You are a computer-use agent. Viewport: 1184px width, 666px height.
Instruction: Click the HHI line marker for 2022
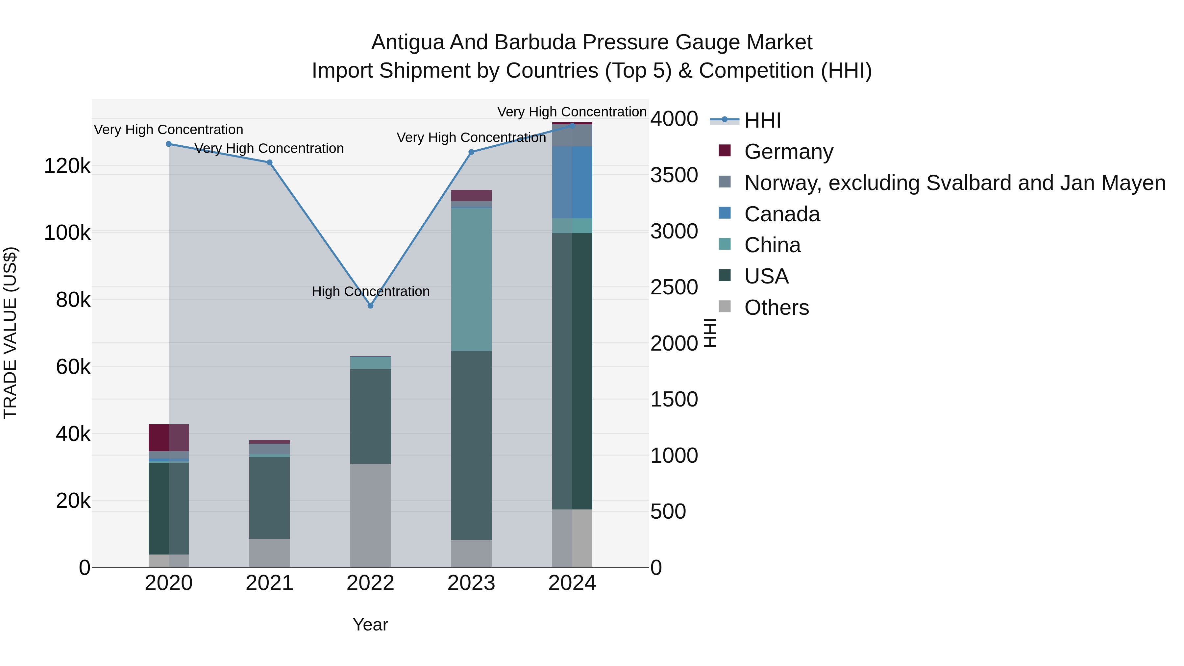click(370, 306)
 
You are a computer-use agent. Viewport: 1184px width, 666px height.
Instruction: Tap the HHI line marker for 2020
click(169, 144)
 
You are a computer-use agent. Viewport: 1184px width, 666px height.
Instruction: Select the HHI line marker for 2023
click(471, 152)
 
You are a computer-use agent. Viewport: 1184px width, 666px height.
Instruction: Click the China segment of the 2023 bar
click(471, 280)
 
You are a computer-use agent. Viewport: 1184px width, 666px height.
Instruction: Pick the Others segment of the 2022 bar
click(370, 515)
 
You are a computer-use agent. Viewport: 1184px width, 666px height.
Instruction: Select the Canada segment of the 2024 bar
click(572, 183)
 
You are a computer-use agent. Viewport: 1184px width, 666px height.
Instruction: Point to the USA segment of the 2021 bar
click(269, 498)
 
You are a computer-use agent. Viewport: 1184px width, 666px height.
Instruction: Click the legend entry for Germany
click(788, 152)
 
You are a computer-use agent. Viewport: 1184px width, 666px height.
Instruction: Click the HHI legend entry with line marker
click(762, 120)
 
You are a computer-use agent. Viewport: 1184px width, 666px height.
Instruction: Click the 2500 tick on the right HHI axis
click(674, 287)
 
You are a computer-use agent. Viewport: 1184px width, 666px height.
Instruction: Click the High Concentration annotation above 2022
click(370, 291)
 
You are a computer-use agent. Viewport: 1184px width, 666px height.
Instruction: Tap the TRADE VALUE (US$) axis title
click(11, 333)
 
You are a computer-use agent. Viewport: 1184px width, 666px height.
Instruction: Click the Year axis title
click(370, 625)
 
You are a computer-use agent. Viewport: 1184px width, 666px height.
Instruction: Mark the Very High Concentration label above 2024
click(572, 112)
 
